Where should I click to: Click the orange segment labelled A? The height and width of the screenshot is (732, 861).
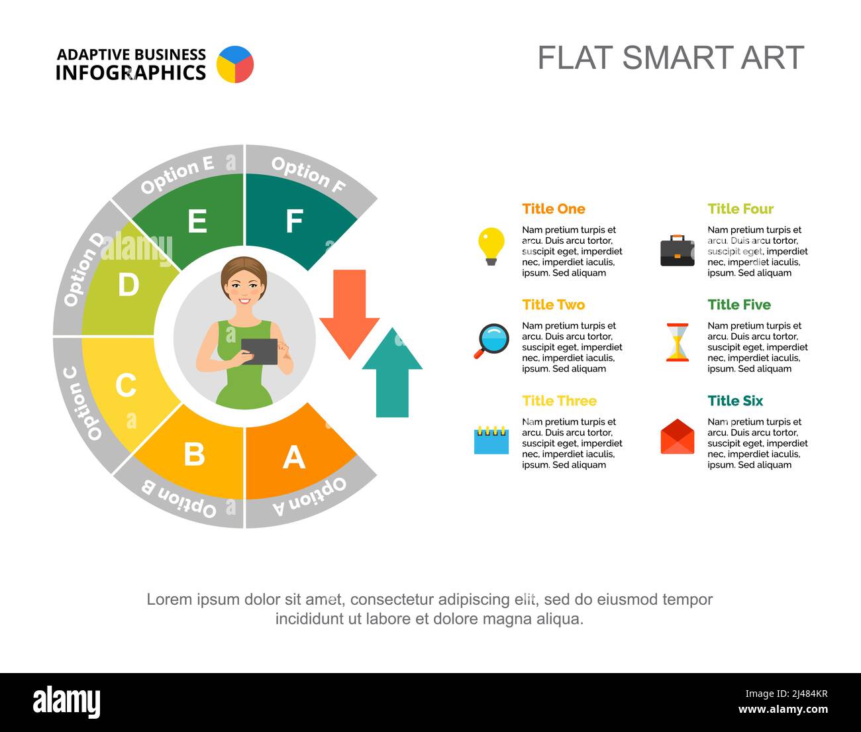(295, 457)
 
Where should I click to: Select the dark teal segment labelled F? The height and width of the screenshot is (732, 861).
(295, 219)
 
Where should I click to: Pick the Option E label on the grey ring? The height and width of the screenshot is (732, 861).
(177, 175)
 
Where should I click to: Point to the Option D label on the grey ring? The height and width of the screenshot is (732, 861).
(83, 269)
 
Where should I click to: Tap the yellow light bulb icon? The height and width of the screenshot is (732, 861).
(491, 246)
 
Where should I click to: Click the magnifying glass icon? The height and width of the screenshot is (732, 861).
(491, 340)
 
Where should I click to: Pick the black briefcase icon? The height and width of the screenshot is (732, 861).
(677, 251)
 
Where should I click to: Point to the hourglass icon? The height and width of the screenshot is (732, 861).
(677, 342)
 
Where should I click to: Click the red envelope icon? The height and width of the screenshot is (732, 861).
(677, 437)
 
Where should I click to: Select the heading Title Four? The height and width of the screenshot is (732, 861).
(740, 209)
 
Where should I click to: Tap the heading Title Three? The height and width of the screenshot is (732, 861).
(559, 401)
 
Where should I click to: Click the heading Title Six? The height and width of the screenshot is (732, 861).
(734, 401)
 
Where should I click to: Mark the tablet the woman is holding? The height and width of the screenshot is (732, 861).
(259, 351)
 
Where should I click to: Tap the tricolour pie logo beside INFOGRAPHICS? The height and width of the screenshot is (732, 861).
(235, 64)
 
